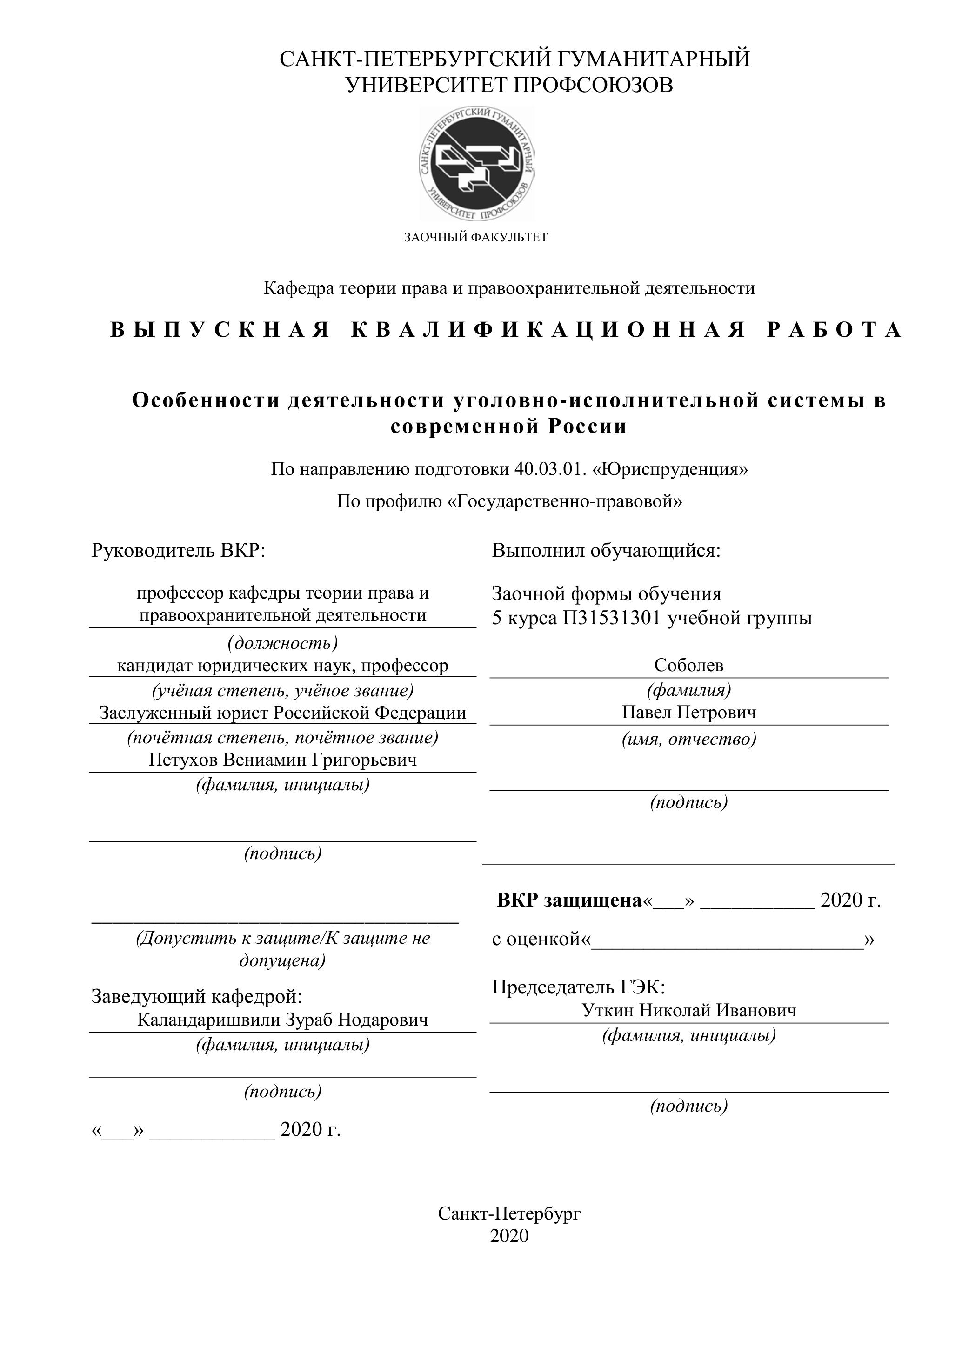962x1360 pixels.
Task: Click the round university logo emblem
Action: pyautogui.click(x=477, y=162)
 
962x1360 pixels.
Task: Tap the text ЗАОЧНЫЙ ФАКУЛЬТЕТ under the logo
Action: pyautogui.click(x=476, y=238)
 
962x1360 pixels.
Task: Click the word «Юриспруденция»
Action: pyautogui.click(x=670, y=469)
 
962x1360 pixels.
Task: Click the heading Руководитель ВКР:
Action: pyautogui.click(x=178, y=550)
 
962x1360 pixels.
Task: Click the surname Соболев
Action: pyautogui.click(x=688, y=665)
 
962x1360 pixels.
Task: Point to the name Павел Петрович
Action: pyautogui.click(x=688, y=712)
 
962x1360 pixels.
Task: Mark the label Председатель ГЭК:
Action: pyautogui.click(x=578, y=987)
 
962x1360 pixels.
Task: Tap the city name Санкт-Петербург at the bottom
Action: pyautogui.click(x=509, y=1213)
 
